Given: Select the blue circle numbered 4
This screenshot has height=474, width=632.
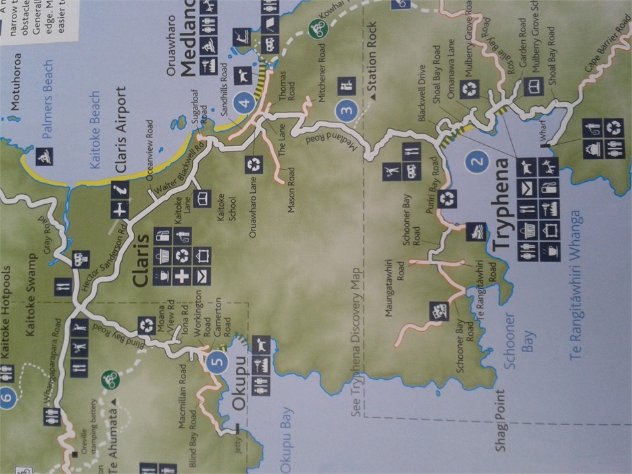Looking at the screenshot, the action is pyautogui.click(x=245, y=103).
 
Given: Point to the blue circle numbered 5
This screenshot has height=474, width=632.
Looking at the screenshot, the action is pyautogui.click(x=215, y=361).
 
